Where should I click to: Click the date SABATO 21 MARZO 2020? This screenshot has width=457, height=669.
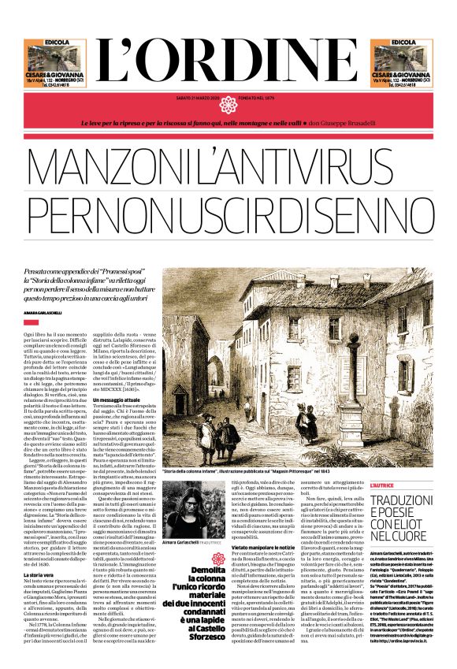click(198, 99)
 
